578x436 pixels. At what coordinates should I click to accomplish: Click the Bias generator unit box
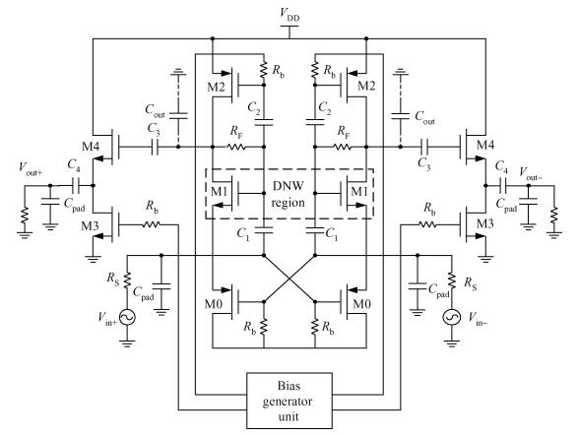click(x=289, y=401)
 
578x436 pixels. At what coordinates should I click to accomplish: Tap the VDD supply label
click(x=289, y=15)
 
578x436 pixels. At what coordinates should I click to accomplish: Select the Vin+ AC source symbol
click(x=127, y=317)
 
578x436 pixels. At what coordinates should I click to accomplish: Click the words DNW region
click(x=288, y=194)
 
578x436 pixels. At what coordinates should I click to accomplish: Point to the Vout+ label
click(x=31, y=168)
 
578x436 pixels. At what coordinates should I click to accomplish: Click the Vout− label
click(x=531, y=173)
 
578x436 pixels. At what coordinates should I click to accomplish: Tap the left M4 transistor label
click(x=91, y=147)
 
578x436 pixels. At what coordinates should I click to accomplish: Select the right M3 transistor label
click(x=485, y=223)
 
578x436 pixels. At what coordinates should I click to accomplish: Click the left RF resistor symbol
click(x=236, y=147)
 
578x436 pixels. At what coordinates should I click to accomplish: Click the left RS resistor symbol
click(x=127, y=280)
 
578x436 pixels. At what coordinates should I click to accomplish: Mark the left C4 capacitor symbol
click(x=76, y=185)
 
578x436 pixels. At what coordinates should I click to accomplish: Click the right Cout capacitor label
click(x=425, y=117)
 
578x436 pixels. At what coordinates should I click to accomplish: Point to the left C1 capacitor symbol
click(x=264, y=230)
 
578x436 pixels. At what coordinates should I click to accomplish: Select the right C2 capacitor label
click(x=325, y=108)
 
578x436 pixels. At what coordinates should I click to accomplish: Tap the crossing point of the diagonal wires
click(x=289, y=279)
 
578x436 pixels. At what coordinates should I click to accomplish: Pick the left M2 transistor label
click(x=216, y=87)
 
